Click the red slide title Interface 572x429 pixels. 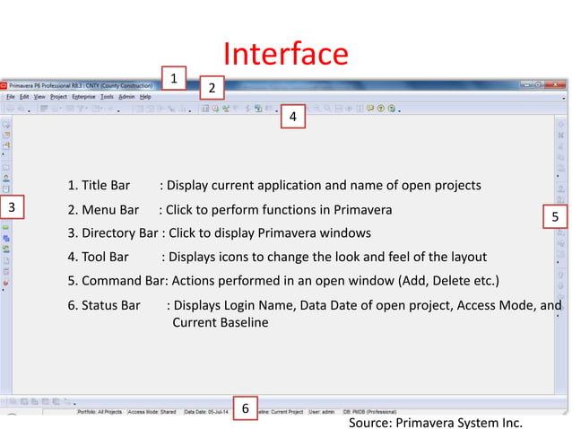[x=285, y=54]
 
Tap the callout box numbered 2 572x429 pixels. [x=211, y=88]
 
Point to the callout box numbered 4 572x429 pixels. [x=292, y=118]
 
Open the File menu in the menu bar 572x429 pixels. [x=11, y=96]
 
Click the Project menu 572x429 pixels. [x=58, y=96]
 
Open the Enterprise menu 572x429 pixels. [x=84, y=96]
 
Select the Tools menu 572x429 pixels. [x=107, y=96]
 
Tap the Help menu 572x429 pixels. [x=145, y=96]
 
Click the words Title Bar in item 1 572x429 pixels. [x=105, y=186]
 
